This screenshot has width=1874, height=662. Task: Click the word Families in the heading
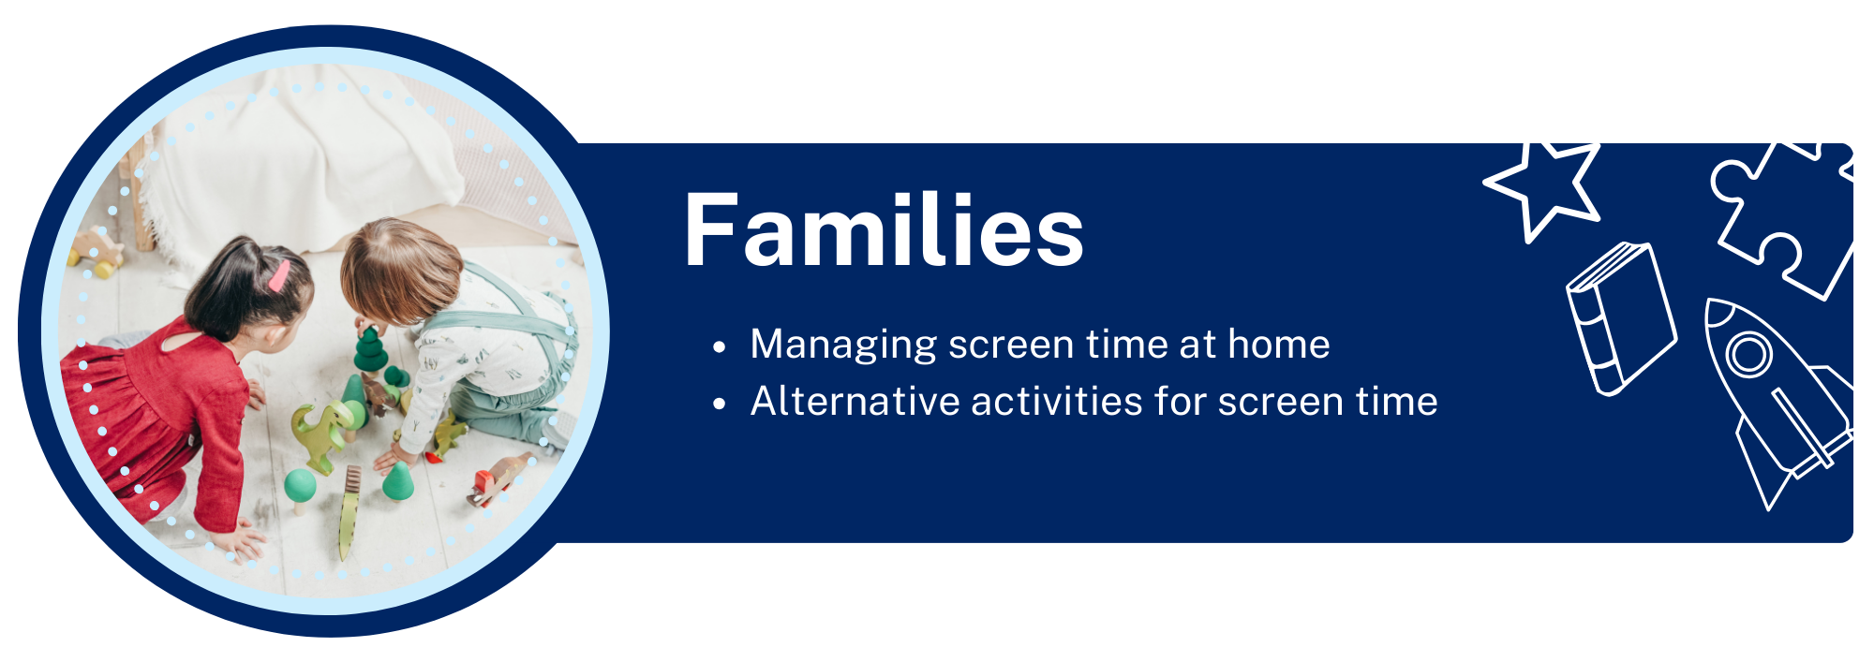point(884,231)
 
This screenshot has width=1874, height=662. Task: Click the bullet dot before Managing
point(719,347)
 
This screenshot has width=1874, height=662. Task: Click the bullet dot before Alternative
point(719,405)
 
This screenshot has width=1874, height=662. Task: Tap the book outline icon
point(1621,318)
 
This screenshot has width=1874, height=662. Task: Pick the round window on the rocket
point(1748,355)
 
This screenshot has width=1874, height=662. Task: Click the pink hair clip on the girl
point(278,275)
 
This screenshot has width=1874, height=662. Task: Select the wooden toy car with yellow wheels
point(97,253)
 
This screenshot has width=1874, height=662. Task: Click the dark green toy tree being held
point(370,348)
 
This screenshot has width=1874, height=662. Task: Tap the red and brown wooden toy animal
point(499,478)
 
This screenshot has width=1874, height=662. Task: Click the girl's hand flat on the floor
point(236,543)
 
